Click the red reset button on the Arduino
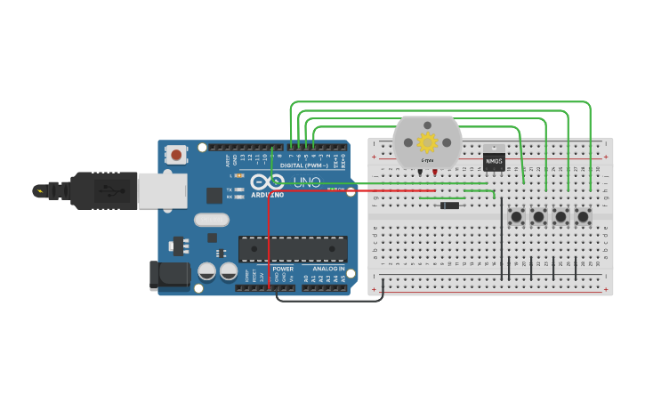pyautogui.click(x=176, y=155)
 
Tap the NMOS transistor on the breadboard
pyautogui.click(x=494, y=161)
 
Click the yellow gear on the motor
pyautogui.click(x=428, y=141)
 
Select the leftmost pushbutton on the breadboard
pyautogui.click(x=516, y=216)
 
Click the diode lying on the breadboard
pyautogui.click(x=449, y=206)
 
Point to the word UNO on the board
pyautogui.click(x=307, y=182)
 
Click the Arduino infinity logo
pyautogui.click(x=267, y=181)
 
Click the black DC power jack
pyautogui.click(x=171, y=275)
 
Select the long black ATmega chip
pyautogui.click(x=293, y=249)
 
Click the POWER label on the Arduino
pyautogui.click(x=283, y=269)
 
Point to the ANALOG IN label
pyautogui.click(x=328, y=269)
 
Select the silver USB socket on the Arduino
pyautogui.click(x=163, y=190)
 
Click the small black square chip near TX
pyautogui.click(x=214, y=196)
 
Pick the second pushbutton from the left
pyautogui.click(x=538, y=216)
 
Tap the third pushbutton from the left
pyautogui.click(x=560, y=216)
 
